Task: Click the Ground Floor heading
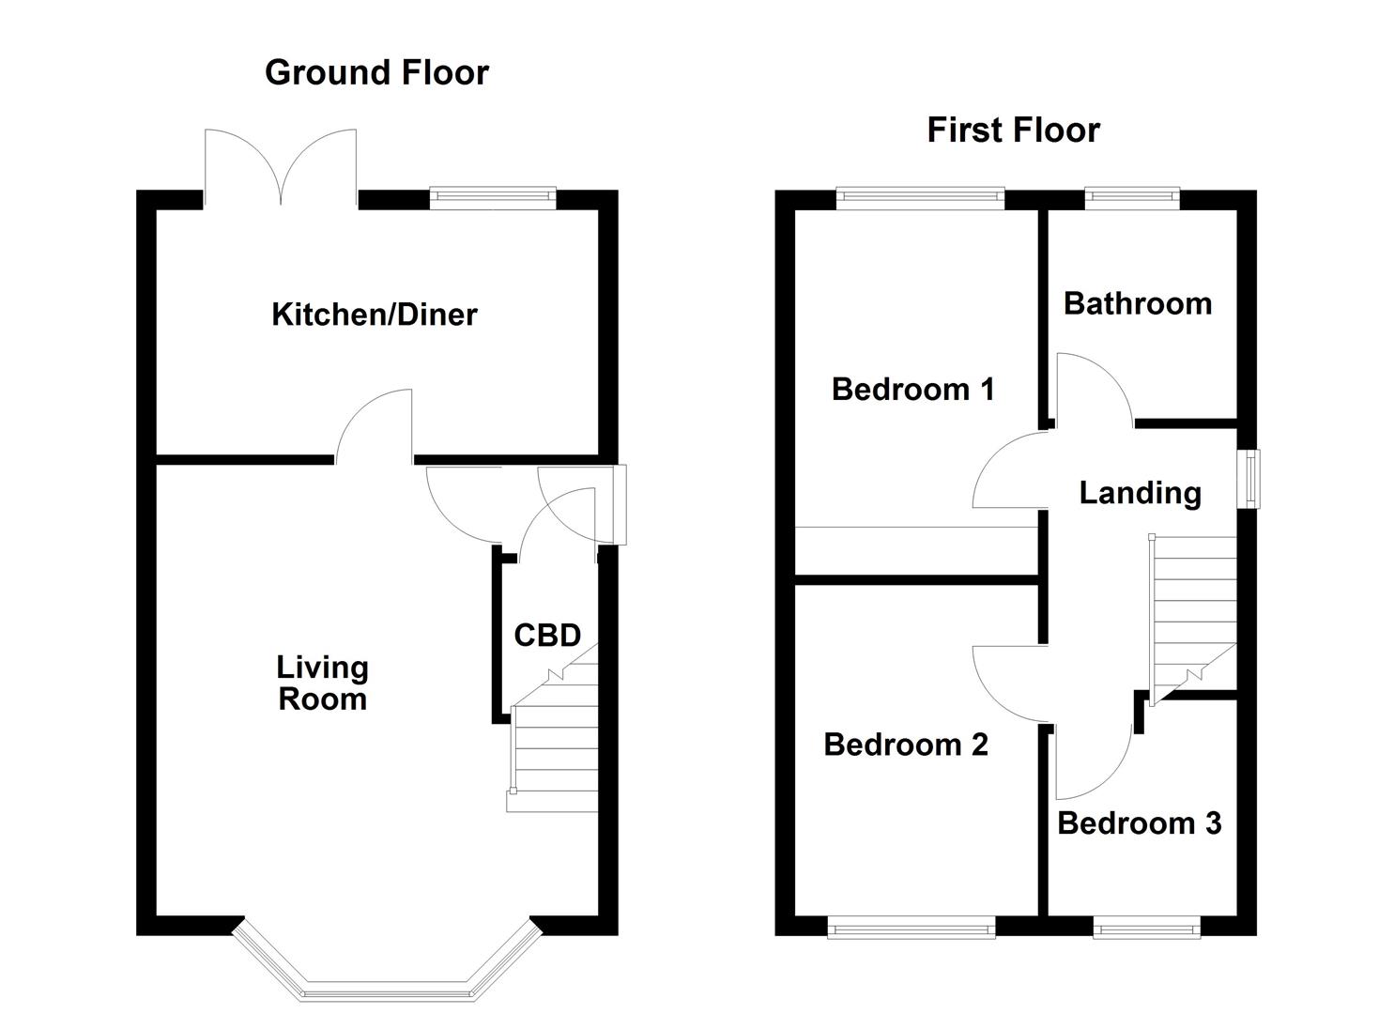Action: [376, 72]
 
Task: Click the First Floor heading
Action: [1013, 130]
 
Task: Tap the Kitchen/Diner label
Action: [374, 314]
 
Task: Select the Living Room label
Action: [322, 683]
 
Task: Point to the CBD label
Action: [547, 636]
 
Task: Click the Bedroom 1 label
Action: [912, 389]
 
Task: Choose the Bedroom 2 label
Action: [906, 745]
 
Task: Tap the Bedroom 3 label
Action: [1139, 823]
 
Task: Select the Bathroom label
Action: [1137, 303]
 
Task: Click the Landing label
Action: [1140, 493]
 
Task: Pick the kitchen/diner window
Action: [492, 196]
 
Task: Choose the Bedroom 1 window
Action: [920, 196]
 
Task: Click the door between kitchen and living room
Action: [375, 427]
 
